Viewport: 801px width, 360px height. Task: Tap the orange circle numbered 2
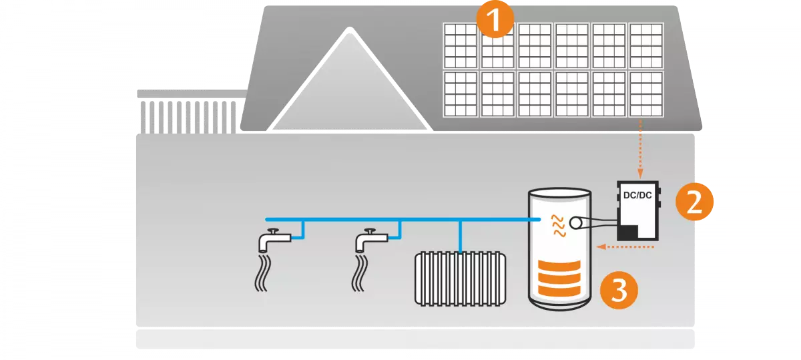[694, 201]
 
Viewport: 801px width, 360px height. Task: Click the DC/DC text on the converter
[637, 196]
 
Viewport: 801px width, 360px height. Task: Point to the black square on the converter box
[628, 232]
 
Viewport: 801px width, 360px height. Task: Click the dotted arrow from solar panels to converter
[641, 150]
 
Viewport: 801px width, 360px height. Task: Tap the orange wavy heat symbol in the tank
[556, 226]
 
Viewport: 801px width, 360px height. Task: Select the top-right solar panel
[645, 45]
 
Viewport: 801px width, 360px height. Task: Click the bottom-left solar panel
[460, 94]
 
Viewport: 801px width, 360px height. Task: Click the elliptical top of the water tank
[559, 193]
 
